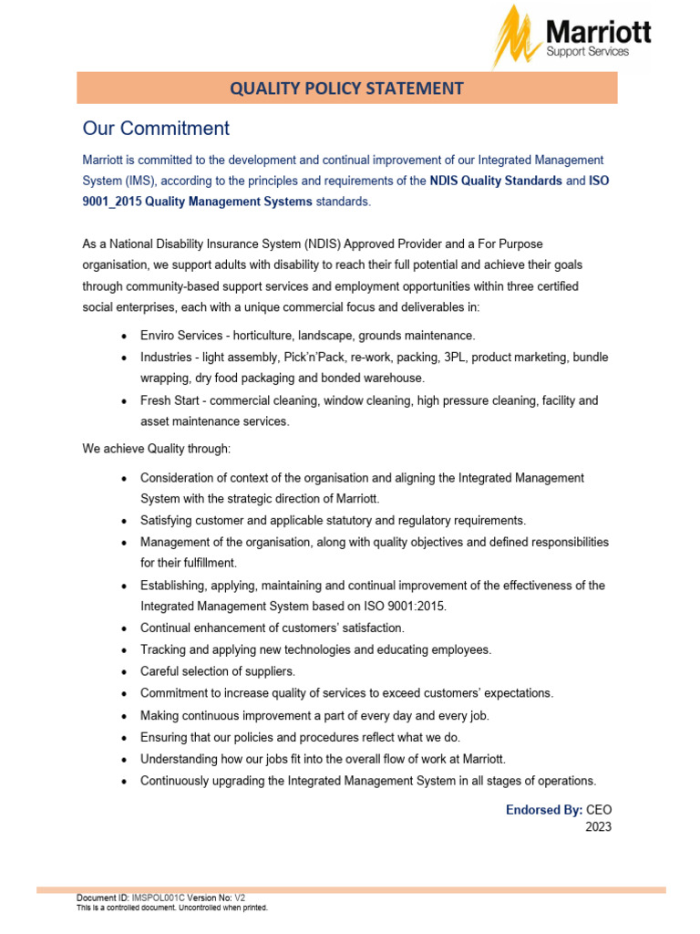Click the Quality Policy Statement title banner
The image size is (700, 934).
346,88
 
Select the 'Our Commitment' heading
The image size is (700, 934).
156,128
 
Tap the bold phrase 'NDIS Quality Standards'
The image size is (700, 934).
496,181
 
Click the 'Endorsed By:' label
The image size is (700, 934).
543,809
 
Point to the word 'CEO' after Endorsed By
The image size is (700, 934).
599,809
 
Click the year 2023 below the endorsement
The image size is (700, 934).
598,827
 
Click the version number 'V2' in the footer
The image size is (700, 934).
240,898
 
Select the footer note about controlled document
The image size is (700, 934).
171,908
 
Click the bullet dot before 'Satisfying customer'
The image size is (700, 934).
124,521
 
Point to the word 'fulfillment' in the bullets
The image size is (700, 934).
185,563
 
